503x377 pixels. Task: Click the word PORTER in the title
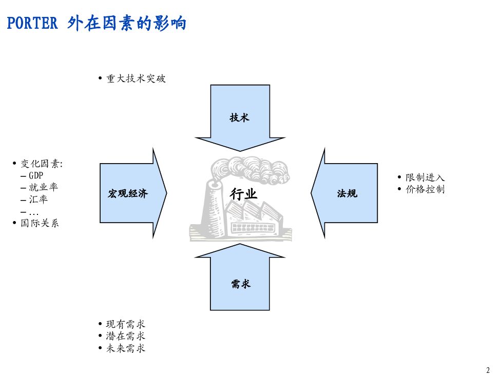pyautogui.click(x=32, y=23)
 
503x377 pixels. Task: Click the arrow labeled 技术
pyautogui.click(x=240, y=117)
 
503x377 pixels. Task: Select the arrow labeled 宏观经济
pyautogui.click(x=128, y=193)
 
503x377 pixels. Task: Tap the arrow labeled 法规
pyautogui.click(x=347, y=193)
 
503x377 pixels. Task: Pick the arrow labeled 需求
pyautogui.click(x=240, y=284)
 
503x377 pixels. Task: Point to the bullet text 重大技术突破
pyautogui.click(x=136, y=79)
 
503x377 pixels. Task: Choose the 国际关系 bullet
pyautogui.click(x=40, y=223)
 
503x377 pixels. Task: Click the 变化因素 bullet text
pyautogui.click(x=42, y=164)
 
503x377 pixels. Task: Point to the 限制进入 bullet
pyautogui.click(x=425, y=177)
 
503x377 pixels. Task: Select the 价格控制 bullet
pyautogui.click(x=425, y=190)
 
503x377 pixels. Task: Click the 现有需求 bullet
pyautogui.click(x=125, y=324)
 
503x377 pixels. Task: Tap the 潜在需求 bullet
pyautogui.click(x=125, y=336)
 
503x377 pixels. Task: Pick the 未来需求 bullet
pyautogui.click(x=125, y=349)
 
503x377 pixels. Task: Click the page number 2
pyautogui.click(x=488, y=370)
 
